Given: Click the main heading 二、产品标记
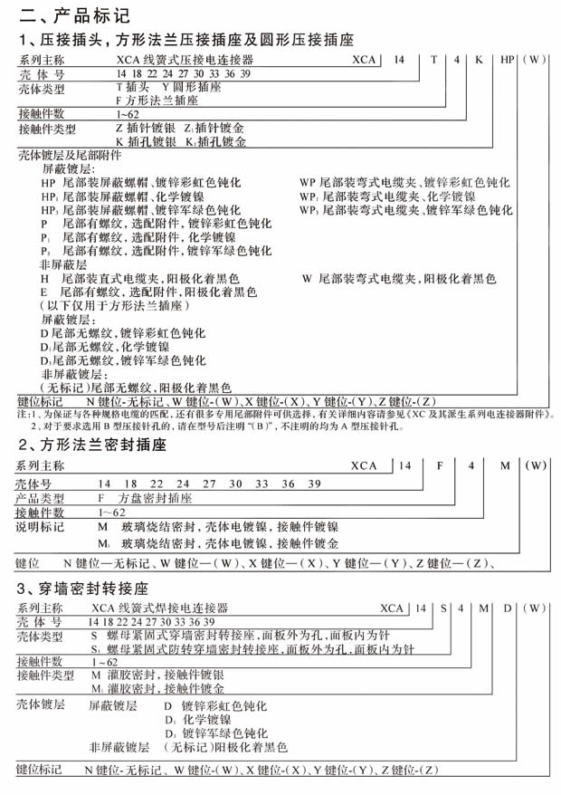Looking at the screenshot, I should pyautogui.click(x=69, y=14).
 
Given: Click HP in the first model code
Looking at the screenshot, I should pyautogui.click(x=509, y=58).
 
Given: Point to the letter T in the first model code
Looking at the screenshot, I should pyautogui.click(x=433, y=58).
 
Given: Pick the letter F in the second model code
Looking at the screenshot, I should pyautogui.click(x=440, y=465).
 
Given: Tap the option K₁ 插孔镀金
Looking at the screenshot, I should pyautogui.click(x=216, y=142).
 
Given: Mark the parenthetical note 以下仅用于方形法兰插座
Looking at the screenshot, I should pyautogui.click(x=111, y=306).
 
